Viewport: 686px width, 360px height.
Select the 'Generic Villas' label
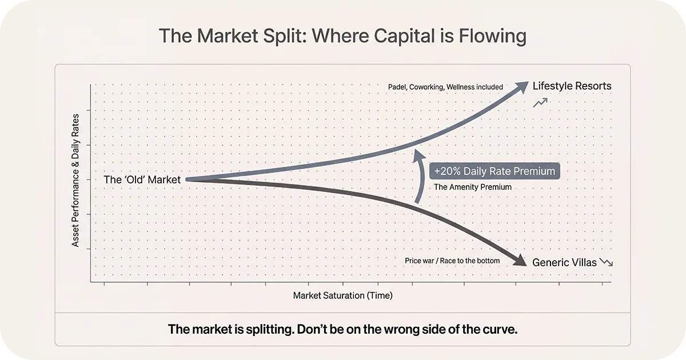(564, 263)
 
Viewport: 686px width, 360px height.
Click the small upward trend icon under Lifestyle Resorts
(541, 103)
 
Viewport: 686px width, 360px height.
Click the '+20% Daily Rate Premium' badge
(494, 171)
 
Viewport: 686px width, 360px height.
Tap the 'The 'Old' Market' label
(142, 179)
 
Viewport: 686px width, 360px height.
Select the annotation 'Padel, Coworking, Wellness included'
(445, 87)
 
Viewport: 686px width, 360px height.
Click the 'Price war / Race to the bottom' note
(452, 261)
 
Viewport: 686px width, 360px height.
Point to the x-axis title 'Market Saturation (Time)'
(343, 295)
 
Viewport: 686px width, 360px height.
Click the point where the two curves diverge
(189, 179)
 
